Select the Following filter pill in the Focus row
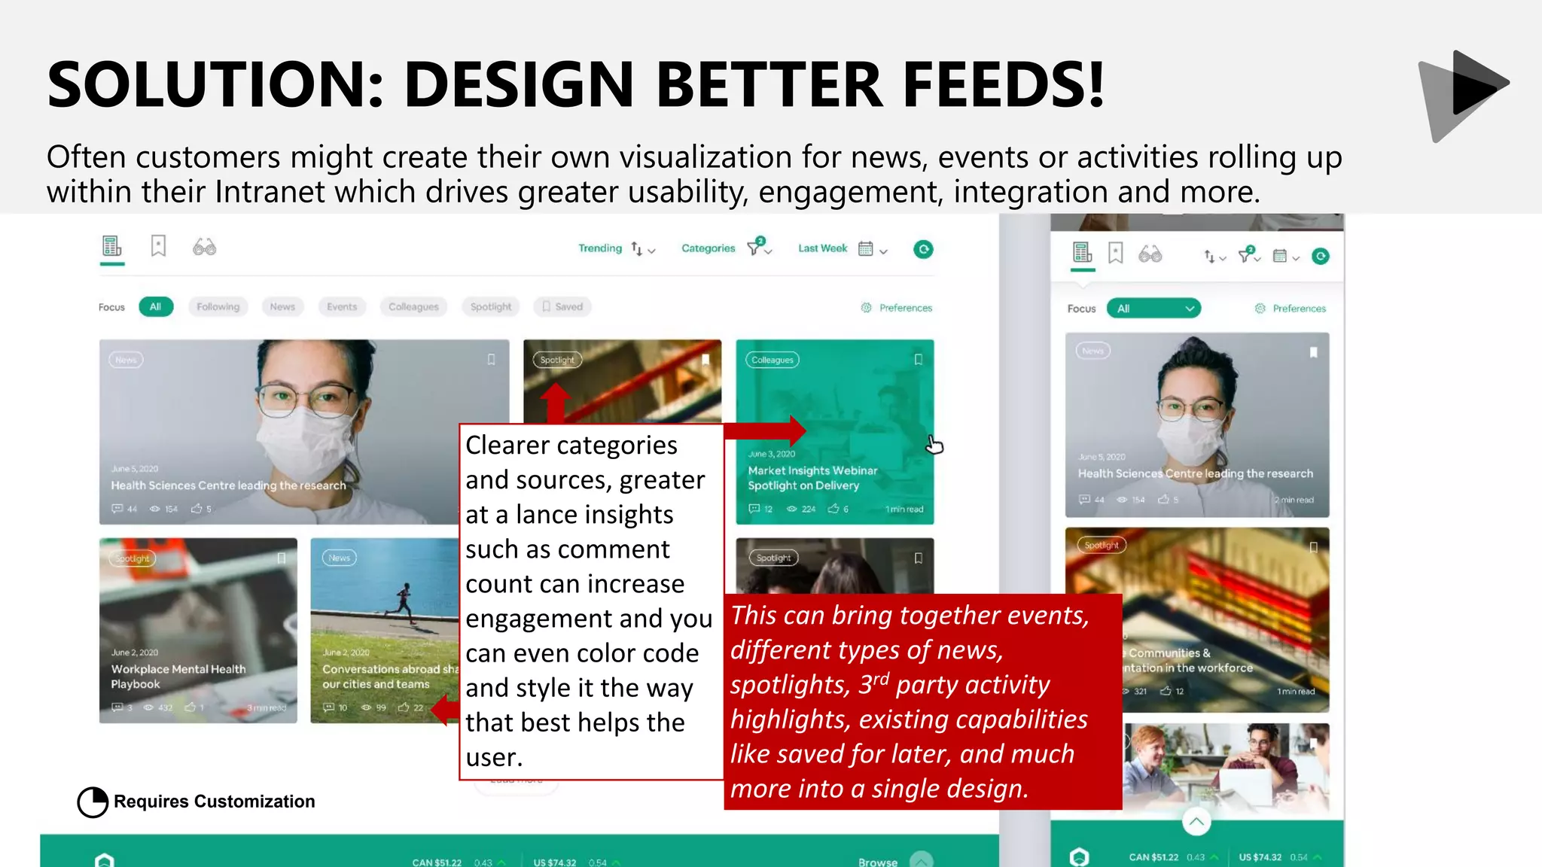tap(218, 307)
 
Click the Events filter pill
tap(341, 307)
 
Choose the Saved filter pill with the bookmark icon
tap(562, 307)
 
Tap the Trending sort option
tap(600, 248)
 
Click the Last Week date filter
tap(822, 248)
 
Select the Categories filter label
tap(708, 248)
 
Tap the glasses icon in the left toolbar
tap(204, 247)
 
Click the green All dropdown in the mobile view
tap(1153, 309)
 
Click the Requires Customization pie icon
tap(93, 802)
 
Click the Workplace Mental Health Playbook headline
tap(178, 677)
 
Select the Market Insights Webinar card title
tap(812, 478)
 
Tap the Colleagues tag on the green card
tap(772, 360)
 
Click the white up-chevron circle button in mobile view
tap(1196, 821)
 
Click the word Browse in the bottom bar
tap(877, 862)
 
